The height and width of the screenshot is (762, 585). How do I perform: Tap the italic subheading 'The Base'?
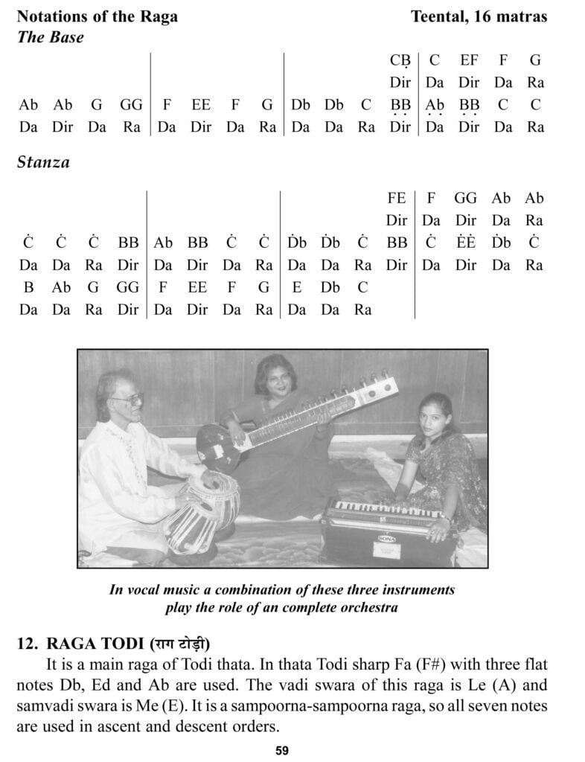(x=50, y=37)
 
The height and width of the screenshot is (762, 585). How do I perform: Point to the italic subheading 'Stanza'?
(x=43, y=162)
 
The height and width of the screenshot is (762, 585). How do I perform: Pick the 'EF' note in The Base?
(x=470, y=60)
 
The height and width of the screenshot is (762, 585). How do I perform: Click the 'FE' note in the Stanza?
(x=397, y=198)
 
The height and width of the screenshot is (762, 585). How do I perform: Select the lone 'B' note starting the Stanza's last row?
(x=28, y=287)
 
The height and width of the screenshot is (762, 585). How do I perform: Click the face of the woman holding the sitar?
(x=272, y=383)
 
